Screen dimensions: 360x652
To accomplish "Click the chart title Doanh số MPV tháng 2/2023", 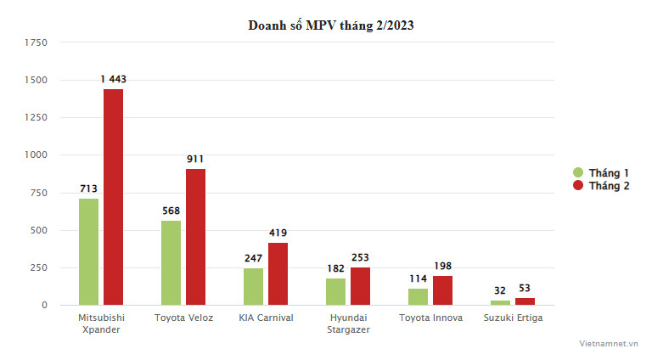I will click(330, 25).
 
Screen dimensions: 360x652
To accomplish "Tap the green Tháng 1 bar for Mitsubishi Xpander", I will click(88, 251).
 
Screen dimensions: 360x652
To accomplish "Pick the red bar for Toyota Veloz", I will click(195, 237).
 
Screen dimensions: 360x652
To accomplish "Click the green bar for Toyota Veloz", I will click(171, 262).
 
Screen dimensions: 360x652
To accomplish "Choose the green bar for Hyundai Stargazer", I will click(335, 291).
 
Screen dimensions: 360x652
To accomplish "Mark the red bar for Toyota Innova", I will click(442, 290).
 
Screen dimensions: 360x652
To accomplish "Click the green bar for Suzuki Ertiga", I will click(500, 302).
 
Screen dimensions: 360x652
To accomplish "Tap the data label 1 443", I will click(113, 80).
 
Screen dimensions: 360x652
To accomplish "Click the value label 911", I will click(195, 160).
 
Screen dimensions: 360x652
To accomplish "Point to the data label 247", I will click(253, 259).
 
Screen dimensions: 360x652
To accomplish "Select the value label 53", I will click(525, 288).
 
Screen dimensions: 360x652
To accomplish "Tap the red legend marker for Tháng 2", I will click(579, 185).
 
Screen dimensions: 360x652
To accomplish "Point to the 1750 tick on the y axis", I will click(36, 42).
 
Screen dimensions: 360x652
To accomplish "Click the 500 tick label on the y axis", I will click(39, 230).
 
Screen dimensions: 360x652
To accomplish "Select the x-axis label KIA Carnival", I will click(265, 318).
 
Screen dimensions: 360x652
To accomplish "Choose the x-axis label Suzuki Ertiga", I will click(512, 318).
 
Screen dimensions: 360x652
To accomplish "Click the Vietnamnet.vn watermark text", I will click(609, 342).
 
